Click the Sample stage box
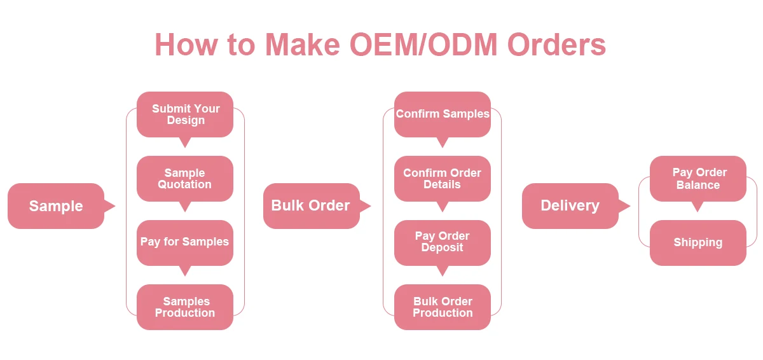[56, 206]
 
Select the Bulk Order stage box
[311, 206]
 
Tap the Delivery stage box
[570, 206]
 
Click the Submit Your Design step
[185, 114]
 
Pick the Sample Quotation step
[185, 179]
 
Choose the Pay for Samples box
[185, 242]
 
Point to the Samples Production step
[185, 307]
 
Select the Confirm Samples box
[443, 114]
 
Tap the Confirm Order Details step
[443, 179]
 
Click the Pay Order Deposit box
[443, 242]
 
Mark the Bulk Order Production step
[443, 307]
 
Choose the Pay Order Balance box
[698, 179]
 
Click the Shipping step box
[698, 243]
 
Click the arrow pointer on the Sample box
[109, 206]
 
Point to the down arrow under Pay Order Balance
[698, 207]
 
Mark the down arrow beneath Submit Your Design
[185, 142]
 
